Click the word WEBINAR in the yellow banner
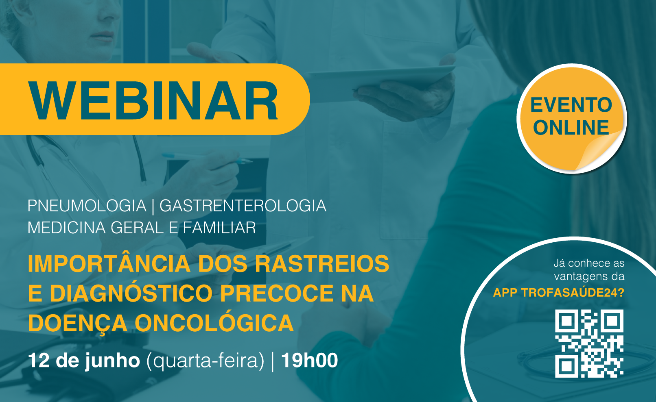pos(153,100)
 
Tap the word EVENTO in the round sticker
pos(571,105)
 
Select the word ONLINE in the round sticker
pos(571,128)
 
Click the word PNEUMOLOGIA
pos(87,206)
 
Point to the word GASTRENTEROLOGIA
pos(243,206)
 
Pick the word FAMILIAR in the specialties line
pos(219,228)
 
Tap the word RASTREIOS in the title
pos(322,264)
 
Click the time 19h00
pos(310,360)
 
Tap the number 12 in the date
pos(39,360)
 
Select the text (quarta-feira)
pos(205,361)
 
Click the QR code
pos(589,343)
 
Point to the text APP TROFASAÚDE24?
pos(559,293)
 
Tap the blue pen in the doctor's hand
pos(207,158)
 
